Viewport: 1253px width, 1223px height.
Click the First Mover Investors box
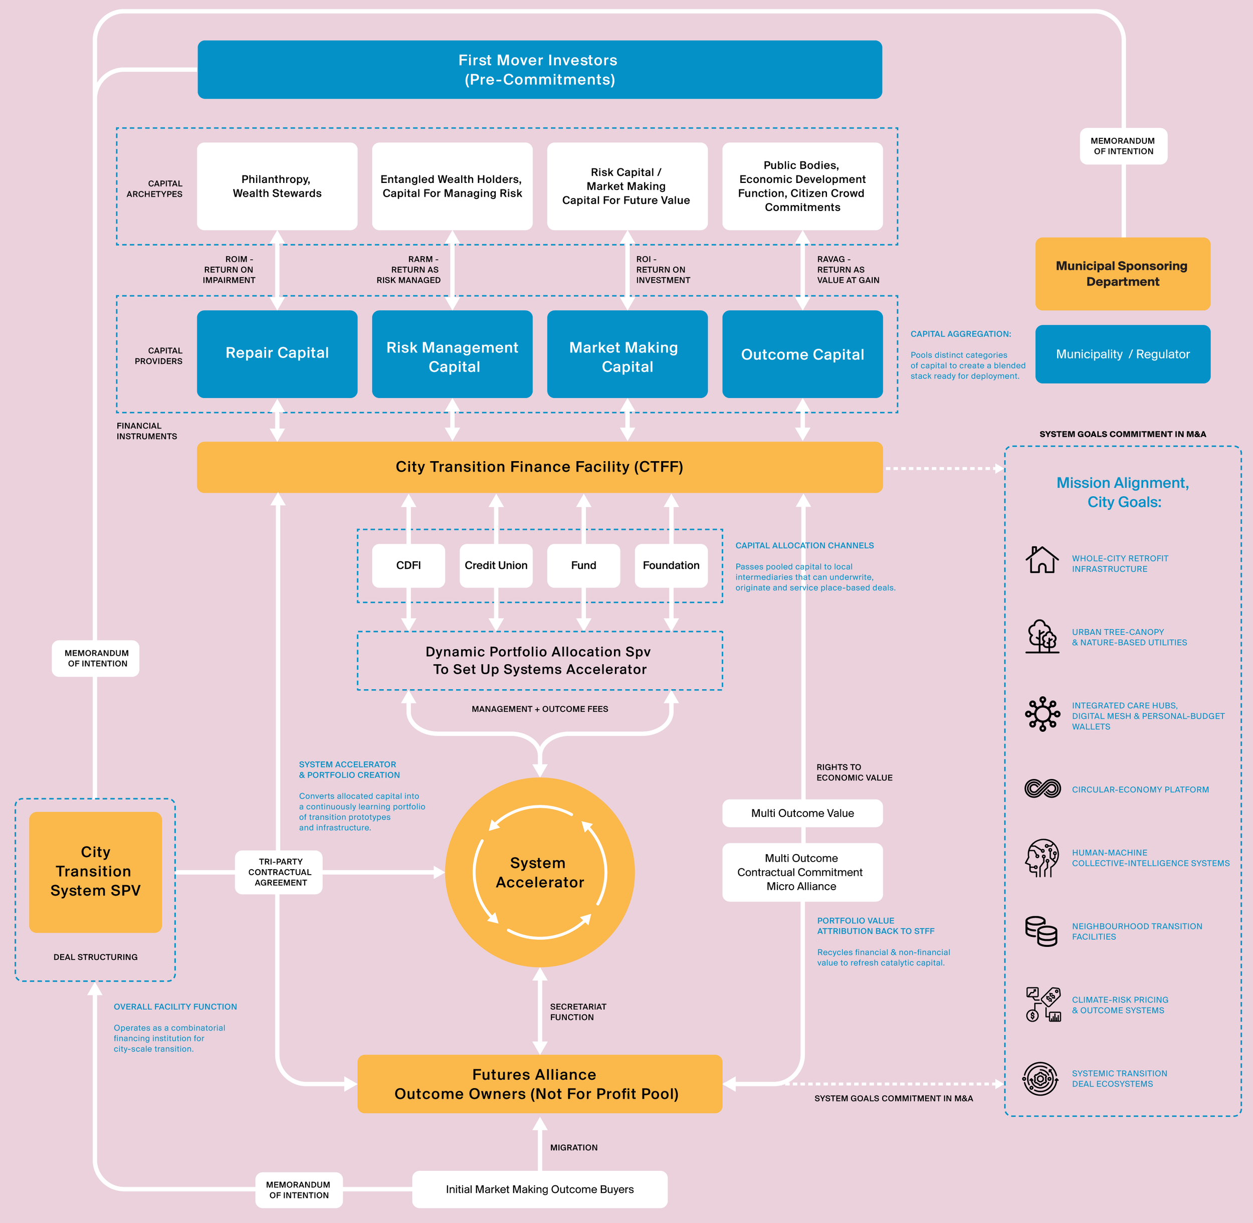pyautogui.click(x=539, y=69)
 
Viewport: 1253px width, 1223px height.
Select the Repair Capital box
pyautogui.click(x=277, y=354)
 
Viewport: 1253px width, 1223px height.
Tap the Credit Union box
pyautogui.click(x=496, y=565)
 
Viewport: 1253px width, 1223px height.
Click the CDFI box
pyautogui.click(x=408, y=565)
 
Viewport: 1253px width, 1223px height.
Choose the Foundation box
pyautogui.click(x=671, y=565)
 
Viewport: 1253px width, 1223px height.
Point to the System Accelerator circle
pyautogui.click(x=539, y=872)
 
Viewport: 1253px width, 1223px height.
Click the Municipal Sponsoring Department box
pyautogui.click(x=1122, y=274)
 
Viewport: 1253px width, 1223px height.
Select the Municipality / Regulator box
pyautogui.click(x=1122, y=354)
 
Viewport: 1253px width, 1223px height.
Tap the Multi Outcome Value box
pyautogui.click(x=802, y=813)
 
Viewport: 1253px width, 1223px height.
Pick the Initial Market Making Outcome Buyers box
pyautogui.click(x=539, y=1189)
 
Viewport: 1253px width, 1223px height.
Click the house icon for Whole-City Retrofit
pyautogui.click(x=1041, y=559)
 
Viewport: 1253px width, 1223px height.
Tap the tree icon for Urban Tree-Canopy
pyautogui.click(x=1041, y=636)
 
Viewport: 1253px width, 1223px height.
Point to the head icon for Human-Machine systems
pyautogui.click(x=1041, y=858)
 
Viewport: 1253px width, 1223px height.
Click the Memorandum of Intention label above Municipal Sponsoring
pyautogui.click(x=1123, y=146)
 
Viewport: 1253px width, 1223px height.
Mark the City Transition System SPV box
pyautogui.click(x=95, y=872)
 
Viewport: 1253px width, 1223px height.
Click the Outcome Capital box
pyautogui.click(x=802, y=354)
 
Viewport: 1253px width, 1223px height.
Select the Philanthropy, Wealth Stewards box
pyautogui.click(x=277, y=186)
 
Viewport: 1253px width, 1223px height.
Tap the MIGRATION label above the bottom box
pyautogui.click(x=573, y=1148)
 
